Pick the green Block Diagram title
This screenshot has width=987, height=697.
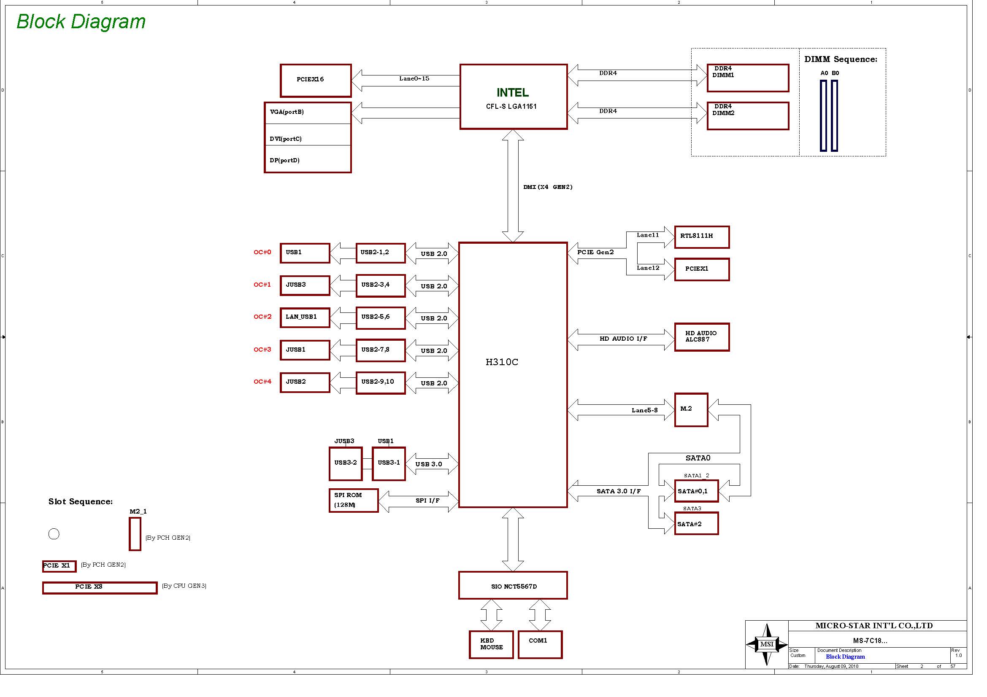click(x=81, y=22)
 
